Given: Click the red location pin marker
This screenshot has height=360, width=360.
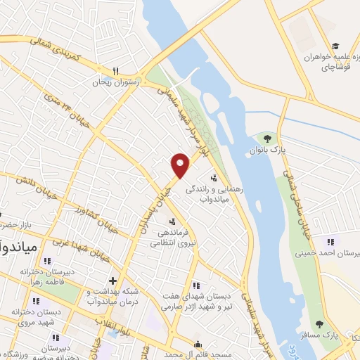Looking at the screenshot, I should [x=181, y=165].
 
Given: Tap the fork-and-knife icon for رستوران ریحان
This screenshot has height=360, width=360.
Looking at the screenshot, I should [x=115, y=70].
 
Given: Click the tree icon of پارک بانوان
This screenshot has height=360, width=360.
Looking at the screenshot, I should [x=266, y=139].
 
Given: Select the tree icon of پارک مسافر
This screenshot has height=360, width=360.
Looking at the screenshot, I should [x=320, y=325].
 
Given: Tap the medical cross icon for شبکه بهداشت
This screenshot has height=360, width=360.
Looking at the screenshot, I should [x=112, y=281].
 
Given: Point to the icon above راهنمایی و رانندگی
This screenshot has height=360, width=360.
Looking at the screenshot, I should [x=213, y=178].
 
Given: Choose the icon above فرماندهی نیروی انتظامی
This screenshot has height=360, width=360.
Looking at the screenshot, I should [x=172, y=222].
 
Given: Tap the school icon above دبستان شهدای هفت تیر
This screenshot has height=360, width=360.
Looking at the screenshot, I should [x=196, y=285].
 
